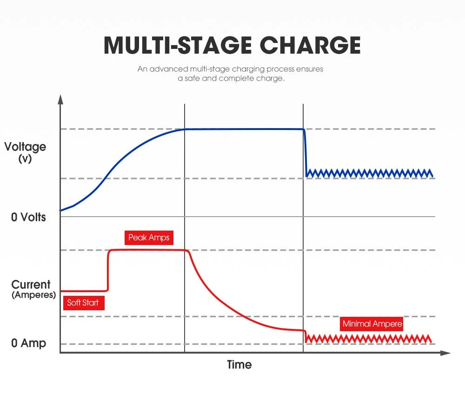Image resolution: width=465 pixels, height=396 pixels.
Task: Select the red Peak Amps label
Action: coord(149,238)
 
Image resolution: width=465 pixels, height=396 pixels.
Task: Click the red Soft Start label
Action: coord(83,303)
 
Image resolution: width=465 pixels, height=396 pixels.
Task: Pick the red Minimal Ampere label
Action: coord(372,324)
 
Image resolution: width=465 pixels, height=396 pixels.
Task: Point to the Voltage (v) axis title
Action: coord(25,152)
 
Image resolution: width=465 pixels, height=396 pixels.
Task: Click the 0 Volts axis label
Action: coord(28,217)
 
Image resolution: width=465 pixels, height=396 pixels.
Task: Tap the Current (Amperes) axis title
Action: coord(31,289)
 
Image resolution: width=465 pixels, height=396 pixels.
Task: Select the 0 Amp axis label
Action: coord(28,343)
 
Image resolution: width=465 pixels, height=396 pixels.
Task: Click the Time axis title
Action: coord(239,364)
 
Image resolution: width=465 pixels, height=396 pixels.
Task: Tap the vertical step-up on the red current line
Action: coord(108,270)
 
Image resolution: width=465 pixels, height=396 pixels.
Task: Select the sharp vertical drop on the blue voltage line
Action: coord(306,151)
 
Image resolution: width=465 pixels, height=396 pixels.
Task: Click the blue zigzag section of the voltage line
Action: coord(370,173)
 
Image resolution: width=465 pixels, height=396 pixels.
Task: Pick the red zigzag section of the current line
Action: coord(370,339)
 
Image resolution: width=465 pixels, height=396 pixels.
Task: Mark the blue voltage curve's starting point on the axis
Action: coord(61,211)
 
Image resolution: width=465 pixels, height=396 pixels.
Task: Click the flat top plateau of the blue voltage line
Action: coord(244,129)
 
